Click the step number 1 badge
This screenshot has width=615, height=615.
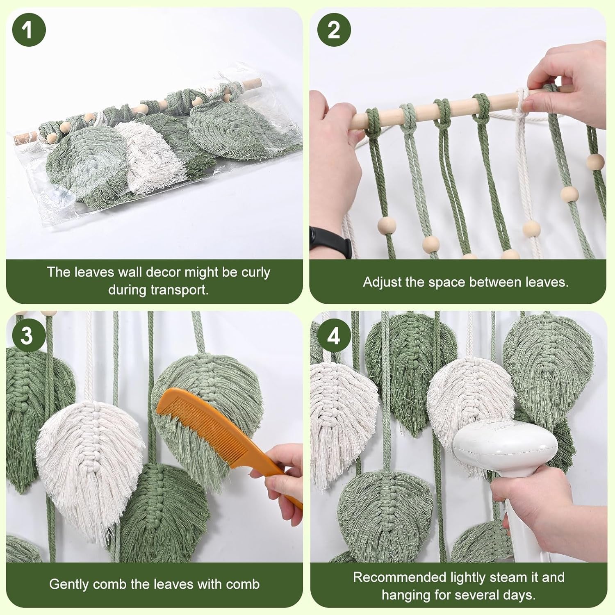(29, 30)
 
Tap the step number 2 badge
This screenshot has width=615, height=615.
(334, 30)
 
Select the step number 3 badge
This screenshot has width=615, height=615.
(27, 335)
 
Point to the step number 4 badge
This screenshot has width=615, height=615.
(334, 335)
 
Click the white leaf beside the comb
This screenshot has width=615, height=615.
(90, 459)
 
